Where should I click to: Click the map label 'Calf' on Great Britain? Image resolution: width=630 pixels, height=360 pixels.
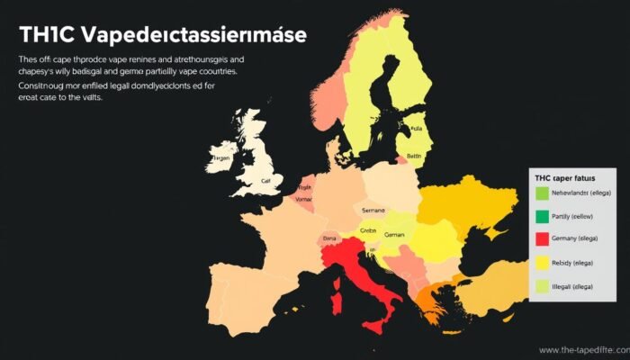click(265, 180)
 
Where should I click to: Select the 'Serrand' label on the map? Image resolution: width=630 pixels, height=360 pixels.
click(372, 209)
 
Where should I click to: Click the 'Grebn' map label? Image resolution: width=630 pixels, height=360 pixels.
click(368, 230)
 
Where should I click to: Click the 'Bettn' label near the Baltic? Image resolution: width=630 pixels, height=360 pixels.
click(413, 157)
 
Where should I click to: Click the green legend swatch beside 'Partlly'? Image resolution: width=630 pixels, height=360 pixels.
click(541, 216)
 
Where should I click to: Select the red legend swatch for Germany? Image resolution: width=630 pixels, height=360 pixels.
click(541, 239)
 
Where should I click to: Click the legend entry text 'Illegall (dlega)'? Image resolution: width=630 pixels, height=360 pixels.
click(584, 286)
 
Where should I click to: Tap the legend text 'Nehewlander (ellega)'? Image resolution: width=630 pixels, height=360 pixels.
click(586, 193)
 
